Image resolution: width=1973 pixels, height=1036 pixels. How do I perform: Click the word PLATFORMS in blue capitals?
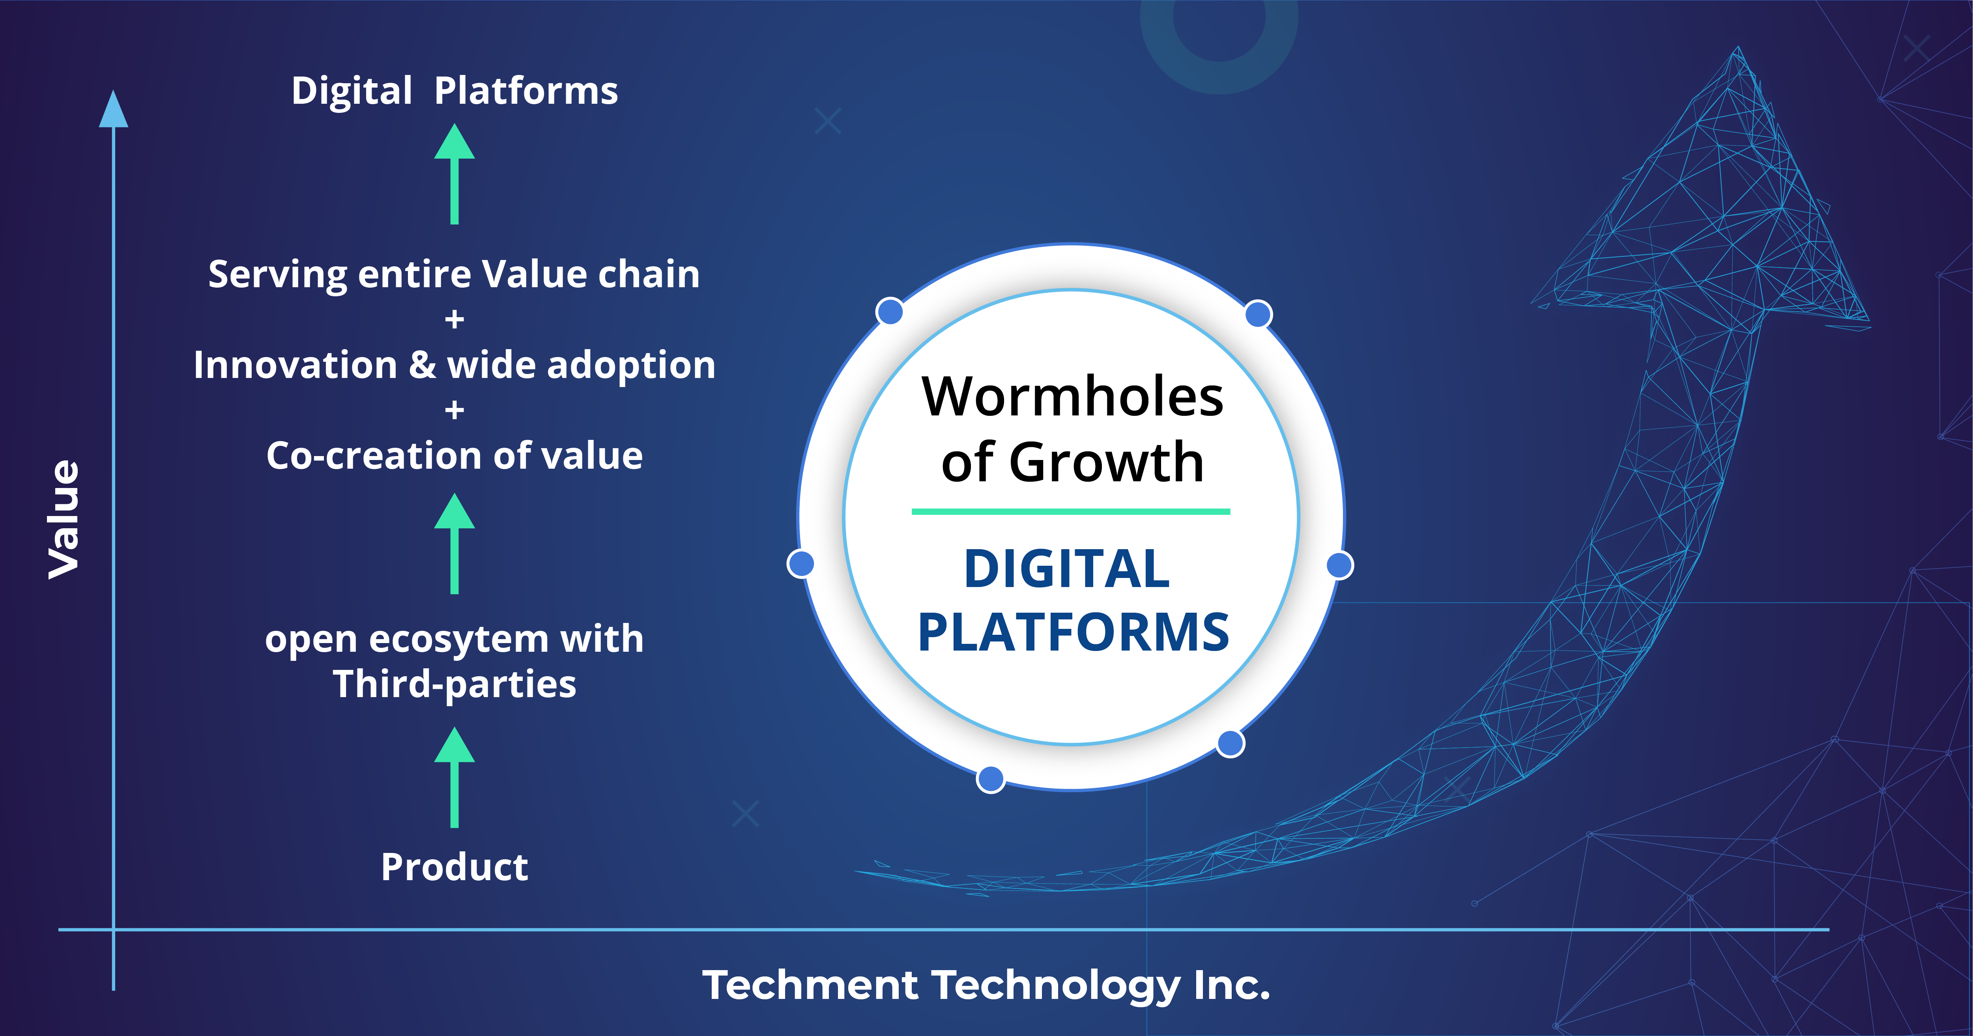[1073, 632]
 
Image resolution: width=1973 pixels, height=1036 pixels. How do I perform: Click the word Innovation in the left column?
[295, 365]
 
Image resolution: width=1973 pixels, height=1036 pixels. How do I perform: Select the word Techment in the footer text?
[810, 986]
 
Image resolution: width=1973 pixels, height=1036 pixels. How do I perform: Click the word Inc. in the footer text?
[1232, 986]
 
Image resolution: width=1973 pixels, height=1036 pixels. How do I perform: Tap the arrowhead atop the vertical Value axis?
[113, 110]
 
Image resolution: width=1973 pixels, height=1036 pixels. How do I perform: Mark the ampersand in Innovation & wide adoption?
[422, 365]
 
